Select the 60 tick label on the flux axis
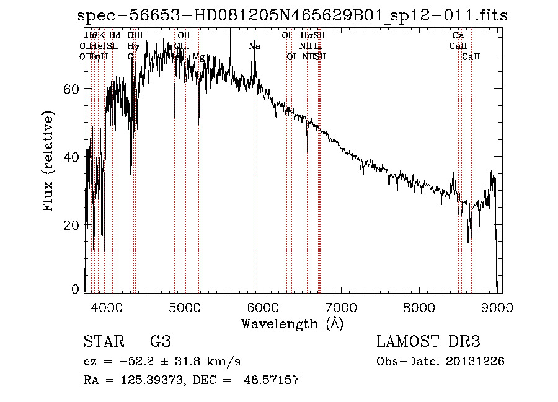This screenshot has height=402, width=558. (x=71, y=89)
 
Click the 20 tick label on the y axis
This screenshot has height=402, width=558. (x=71, y=225)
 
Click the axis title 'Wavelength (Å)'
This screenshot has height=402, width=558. (x=292, y=323)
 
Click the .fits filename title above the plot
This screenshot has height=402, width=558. (x=291, y=16)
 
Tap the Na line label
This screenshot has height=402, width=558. (x=254, y=46)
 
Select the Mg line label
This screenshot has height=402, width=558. (x=198, y=57)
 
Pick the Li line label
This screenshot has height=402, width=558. (x=317, y=46)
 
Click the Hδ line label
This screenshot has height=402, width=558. (x=115, y=36)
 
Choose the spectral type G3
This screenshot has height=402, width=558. (x=160, y=342)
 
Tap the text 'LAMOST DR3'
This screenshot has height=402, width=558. (x=428, y=342)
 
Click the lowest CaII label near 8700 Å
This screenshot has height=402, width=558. (x=471, y=57)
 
